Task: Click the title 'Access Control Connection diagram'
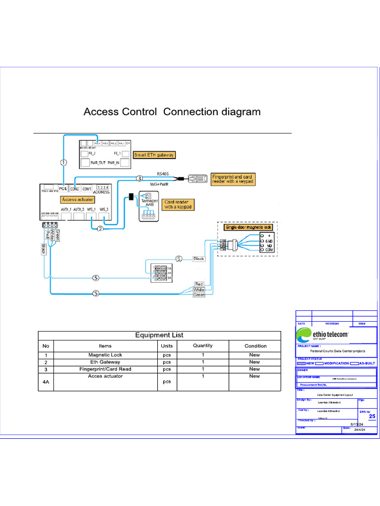click(x=172, y=112)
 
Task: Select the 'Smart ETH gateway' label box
click(x=155, y=155)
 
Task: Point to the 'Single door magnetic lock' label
click(x=248, y=227)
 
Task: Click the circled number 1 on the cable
click(x=63, y=162)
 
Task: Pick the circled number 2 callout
click(x=100, y=229)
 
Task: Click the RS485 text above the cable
click(x=163, y=173)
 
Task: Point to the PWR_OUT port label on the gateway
click(x=99, y=163)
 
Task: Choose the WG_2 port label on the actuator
click(x=104, y=210)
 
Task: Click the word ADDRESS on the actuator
click(x=101, y=192)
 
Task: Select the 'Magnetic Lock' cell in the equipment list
click(x=105, y=355)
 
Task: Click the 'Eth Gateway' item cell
click(x=105, y=362)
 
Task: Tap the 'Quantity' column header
click(x=202, y=345)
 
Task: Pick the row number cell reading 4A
click(x=46, y=381)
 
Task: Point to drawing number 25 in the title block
click(x=372, y=416)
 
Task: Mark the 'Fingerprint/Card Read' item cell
click(x=105, y=369)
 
